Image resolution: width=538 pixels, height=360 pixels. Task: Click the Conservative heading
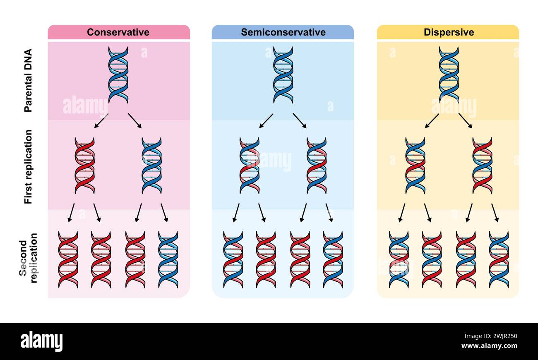point(118,32)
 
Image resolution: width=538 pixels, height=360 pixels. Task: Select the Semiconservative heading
point(283,32)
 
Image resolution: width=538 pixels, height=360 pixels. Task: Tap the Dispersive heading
point(449,32)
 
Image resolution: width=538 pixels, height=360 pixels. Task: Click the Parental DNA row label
point(28,81)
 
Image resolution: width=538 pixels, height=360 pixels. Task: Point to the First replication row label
point(28,166)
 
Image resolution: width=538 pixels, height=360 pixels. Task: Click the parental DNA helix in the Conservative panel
point(118,74)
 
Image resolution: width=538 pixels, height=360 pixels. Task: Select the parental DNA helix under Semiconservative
point(283,74)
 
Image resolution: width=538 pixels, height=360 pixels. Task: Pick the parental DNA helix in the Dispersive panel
point(449,74)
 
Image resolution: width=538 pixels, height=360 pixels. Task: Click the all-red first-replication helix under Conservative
point(85,166)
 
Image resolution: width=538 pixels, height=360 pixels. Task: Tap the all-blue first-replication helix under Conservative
point(151,166)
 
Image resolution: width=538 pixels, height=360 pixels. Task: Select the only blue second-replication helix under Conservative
point(168,259)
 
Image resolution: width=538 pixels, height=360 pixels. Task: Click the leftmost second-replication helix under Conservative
point(68,259)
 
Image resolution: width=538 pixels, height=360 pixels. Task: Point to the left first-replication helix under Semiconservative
point(250,166)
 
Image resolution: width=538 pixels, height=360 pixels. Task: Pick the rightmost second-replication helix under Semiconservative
point(333,259)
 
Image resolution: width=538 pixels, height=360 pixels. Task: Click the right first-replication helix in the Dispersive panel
point(482,166)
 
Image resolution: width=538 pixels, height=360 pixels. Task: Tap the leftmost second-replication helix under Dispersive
point(399,259)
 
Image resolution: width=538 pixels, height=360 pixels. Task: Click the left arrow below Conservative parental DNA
point(101,120)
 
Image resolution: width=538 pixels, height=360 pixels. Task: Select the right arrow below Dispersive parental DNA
point(466,120)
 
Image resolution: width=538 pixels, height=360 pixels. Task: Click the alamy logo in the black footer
point(42,342)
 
